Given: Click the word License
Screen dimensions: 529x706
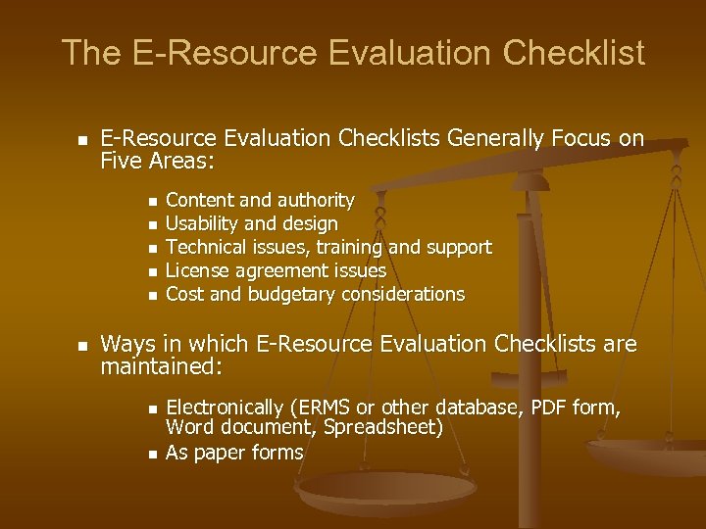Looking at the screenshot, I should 195,270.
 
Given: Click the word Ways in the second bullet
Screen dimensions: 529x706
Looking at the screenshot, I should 126,344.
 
